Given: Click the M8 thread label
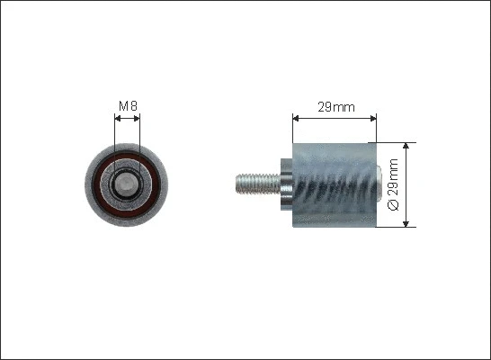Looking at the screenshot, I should click(128, 107).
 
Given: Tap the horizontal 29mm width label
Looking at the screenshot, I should click(336, 107).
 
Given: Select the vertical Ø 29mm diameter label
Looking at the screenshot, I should click(393, 184).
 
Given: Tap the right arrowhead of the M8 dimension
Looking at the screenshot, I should click(138, 117).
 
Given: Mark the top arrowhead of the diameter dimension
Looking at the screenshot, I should click(407, 145).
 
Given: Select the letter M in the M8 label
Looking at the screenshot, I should click(123, 107).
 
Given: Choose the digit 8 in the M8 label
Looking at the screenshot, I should click(133, 107).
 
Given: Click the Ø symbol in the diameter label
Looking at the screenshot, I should click(393, 204).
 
